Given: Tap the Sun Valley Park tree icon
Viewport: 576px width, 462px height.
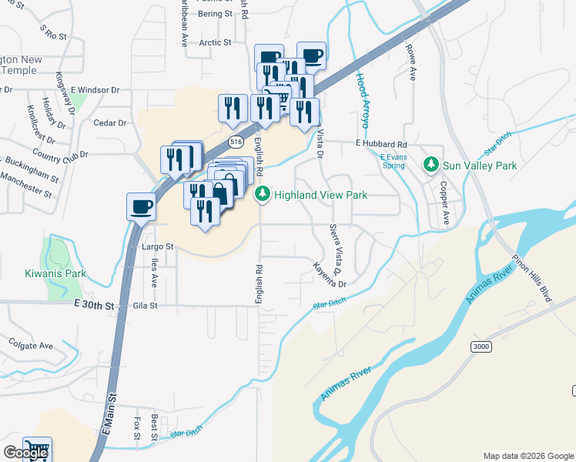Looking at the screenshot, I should click(431, 165).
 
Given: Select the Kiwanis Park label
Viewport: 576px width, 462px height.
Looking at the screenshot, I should click(55, 273).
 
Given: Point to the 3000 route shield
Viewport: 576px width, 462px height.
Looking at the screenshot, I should click(481, 346).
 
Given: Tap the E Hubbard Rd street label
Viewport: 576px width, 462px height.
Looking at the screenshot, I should click(380, 144).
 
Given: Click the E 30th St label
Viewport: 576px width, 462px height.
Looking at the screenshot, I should click(94, 306).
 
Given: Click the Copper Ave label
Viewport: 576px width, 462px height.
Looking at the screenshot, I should click(444, 203).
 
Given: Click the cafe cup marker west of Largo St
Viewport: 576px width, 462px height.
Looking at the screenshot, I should click(142, 207).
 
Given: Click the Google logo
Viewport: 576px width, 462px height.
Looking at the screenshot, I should click(25, 453).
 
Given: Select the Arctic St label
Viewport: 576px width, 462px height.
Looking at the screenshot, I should click(215, 43).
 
